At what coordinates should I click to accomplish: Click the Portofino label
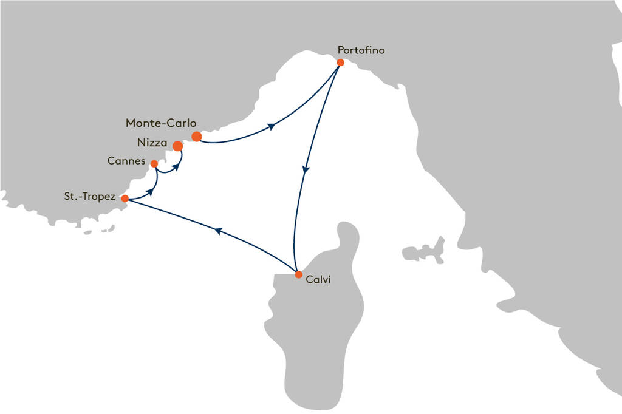pos(361,50)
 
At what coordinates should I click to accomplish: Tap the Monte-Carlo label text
pos(161,123)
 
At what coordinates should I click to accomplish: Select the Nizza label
pos(152,143)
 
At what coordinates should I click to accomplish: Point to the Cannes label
pos(126,161)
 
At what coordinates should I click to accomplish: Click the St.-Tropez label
pos(90,196)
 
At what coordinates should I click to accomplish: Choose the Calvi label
pos(318,280)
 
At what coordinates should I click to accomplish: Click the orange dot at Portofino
pos(340,63)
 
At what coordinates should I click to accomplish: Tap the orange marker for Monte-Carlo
pos(196,137)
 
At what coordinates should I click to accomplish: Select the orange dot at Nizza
pos(178,146)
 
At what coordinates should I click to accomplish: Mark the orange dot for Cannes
pos(154,164)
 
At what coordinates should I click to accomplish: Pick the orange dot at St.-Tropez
pos(125,199)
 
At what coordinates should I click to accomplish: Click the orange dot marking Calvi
pos(299,274)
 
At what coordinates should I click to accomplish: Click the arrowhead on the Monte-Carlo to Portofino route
pos(272,126)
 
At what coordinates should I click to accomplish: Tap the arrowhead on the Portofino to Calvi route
pos(306,169)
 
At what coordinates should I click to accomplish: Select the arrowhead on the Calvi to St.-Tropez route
pos(218,231)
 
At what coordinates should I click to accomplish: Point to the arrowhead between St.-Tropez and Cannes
pos(150,192)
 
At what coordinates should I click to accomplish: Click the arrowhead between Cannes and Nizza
pos(174,167)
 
